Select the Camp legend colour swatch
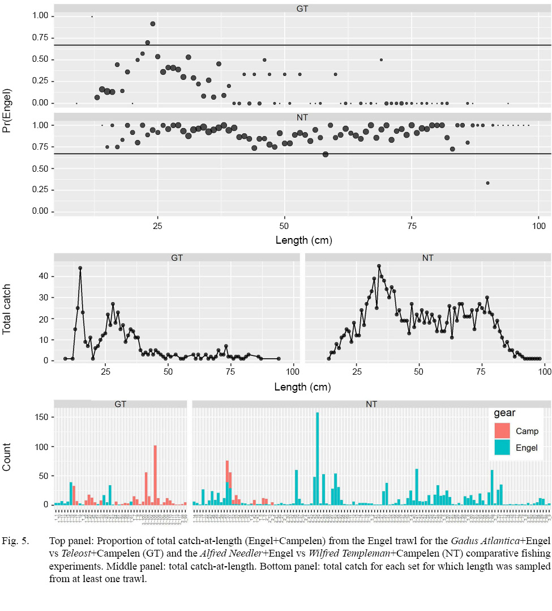[502, 431]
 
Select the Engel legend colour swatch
[502, 448]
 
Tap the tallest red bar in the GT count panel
[155, 475]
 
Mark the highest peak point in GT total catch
[80, 268]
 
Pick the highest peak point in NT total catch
[379, 266]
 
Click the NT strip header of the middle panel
[428, 258]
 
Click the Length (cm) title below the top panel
[303, 240]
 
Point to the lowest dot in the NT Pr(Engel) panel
[487, 183]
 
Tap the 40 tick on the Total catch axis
[43, 277]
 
